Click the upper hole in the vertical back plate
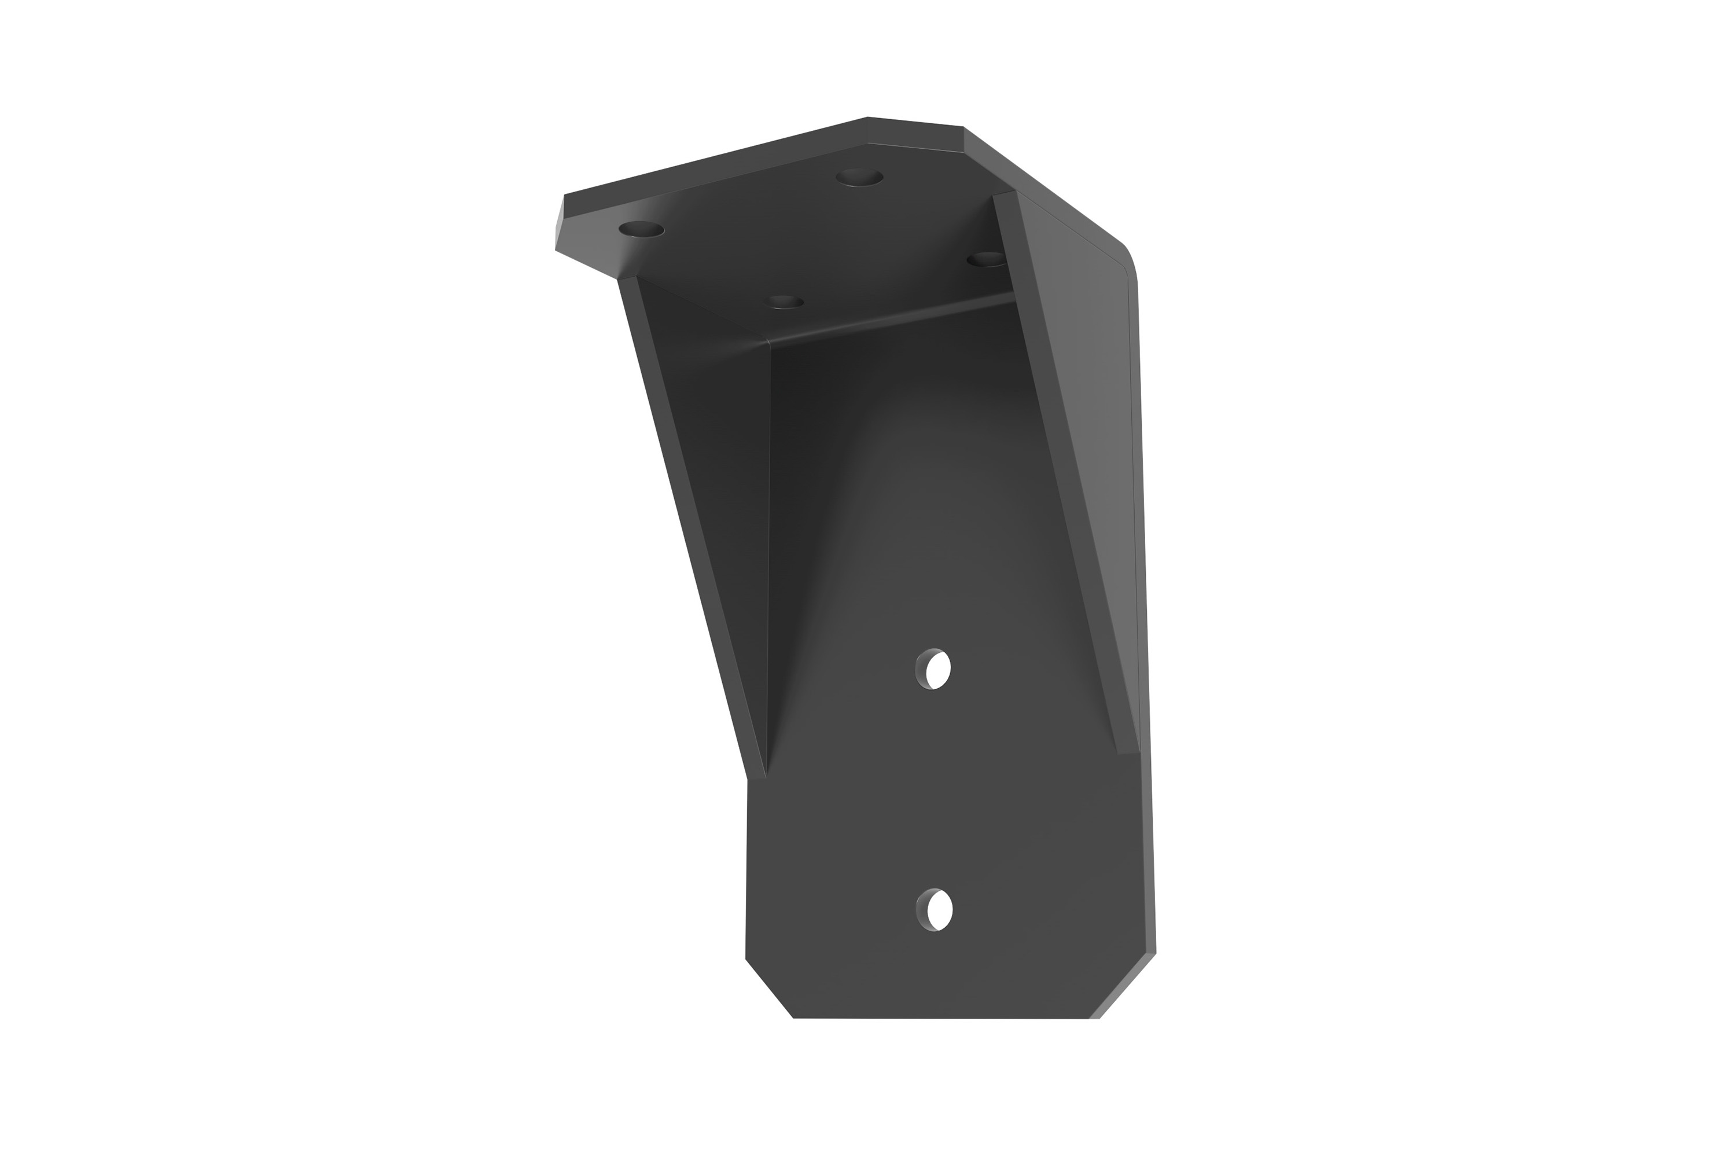tap(933, 669)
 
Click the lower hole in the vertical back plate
tap(934, 910)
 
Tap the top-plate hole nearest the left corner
tap(641, 229)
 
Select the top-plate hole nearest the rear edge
tap(859, 178)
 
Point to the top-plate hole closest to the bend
tap(785, 303)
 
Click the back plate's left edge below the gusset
tap(746, 870)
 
